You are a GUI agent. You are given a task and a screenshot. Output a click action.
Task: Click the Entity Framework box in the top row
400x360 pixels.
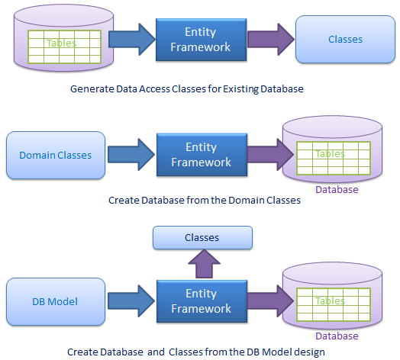tap(201, 40)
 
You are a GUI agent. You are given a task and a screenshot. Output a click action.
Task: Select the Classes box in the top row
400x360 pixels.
tap(345, 39)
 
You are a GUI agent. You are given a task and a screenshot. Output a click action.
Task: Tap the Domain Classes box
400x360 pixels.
tap(56, 155)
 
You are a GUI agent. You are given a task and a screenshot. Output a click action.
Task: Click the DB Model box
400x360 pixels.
tap(56, 301)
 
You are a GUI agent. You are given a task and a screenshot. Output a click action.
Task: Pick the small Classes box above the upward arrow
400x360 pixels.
tap(202, 237)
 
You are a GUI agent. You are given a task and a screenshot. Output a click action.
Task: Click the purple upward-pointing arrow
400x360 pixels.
tap(204, 264)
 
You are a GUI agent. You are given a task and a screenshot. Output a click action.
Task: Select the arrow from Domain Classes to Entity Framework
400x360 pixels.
tap(131, 155)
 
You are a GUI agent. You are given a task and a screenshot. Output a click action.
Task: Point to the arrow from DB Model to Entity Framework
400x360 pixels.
tap(131, 301)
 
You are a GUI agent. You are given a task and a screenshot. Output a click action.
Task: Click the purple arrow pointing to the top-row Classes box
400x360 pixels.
tap(271, 39)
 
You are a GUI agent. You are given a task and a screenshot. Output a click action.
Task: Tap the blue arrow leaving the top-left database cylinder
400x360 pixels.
tap(132, 39)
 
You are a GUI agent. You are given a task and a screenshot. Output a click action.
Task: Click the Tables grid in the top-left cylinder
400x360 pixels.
tap(65, 47)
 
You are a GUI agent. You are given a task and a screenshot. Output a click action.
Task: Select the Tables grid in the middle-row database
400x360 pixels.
tap(334, 158)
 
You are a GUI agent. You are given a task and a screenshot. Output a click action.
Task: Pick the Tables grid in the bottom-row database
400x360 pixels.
tap(334, 304)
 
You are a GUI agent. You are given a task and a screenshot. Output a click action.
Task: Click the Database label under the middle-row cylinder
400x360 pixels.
tap(337, 189)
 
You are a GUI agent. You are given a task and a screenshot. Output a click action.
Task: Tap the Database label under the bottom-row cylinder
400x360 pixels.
tap(337, 336)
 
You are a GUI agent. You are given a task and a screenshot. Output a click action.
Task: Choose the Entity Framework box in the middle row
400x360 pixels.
tap(202, 155)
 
